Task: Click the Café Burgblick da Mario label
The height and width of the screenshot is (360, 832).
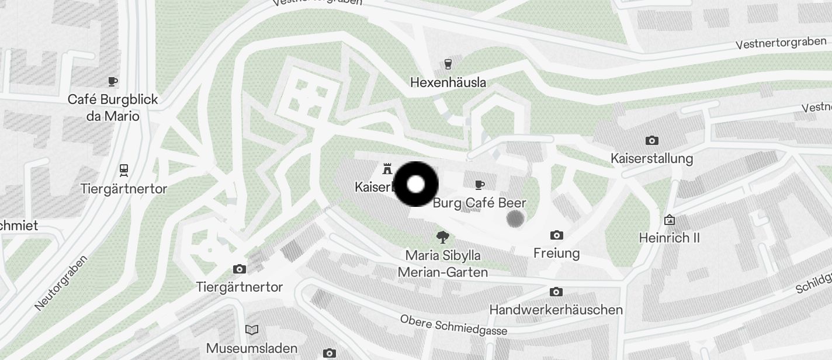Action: pos(113,108)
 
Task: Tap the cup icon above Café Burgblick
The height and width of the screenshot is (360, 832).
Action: pos(113,81)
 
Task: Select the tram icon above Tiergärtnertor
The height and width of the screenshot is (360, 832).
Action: pos(124,170)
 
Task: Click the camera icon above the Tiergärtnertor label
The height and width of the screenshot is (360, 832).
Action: pos(239,269)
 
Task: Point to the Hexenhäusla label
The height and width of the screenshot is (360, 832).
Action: pos(448,82)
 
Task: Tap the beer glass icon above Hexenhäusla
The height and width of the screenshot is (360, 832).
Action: pos(448,64)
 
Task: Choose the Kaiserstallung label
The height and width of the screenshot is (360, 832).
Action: pos(651,158)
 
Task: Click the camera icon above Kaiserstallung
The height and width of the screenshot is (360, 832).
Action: pos(651,140)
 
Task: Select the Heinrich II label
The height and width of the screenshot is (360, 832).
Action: pos(669,238)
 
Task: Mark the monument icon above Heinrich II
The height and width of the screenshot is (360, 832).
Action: pos(670,220)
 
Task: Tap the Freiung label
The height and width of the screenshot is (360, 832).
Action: pos(556,253)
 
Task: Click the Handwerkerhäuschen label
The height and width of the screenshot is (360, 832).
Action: pos(556,309)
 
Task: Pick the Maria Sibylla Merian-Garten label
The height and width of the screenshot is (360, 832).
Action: pos(443,264)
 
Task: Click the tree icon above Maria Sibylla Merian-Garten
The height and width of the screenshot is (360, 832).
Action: pos(443,237)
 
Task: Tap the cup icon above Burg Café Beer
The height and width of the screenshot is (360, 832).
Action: pos(480,185)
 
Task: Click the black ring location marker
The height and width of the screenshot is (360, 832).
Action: pos(416,184)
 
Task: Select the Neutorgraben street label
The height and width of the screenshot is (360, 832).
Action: pos(61,283)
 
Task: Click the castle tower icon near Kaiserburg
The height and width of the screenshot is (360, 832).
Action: pos(386,169)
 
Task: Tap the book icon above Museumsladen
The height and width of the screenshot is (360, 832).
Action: pos(252,330)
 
